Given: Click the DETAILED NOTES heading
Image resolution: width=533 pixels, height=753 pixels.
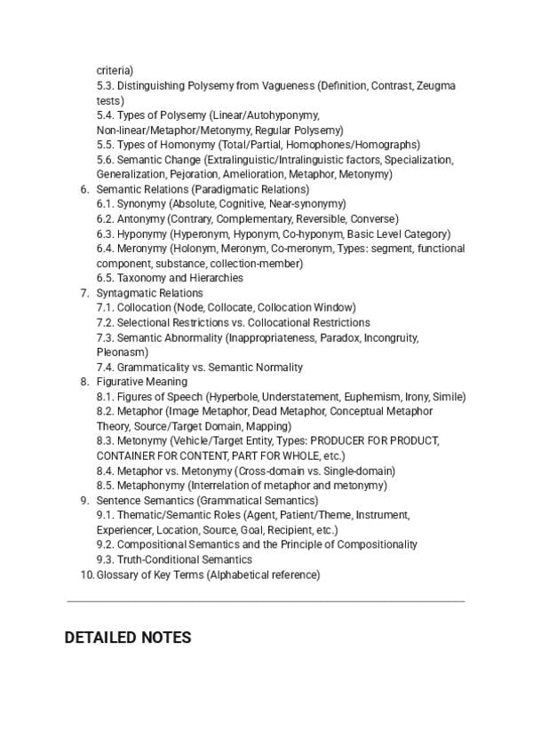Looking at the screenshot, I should pyautogui.click(x=127, y=638).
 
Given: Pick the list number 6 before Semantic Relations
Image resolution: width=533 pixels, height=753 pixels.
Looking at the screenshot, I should pyautogui.click(x=84, y=189).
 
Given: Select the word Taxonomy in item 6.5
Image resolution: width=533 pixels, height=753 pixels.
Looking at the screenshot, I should pyautogui.click(x=139, y=278).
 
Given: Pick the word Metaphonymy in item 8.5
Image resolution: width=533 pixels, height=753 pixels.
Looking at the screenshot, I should pyautogui.click(x=149, y=486).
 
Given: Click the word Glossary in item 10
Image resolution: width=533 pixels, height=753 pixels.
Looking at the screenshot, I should pyautogui.click(x=116, y=575).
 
